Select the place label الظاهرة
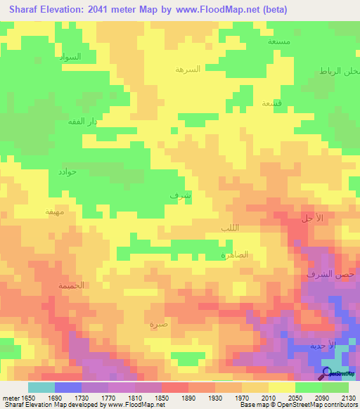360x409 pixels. (233, 254)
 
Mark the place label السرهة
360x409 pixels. (188, 69)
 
